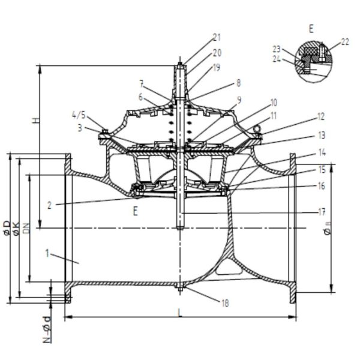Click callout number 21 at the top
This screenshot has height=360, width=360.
click(x=217, y=37)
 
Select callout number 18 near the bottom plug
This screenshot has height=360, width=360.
click(x=225, y=304)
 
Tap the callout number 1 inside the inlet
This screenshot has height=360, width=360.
click(x=47, y=253)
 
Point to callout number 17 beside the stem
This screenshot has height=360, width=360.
click(x=322, y=212)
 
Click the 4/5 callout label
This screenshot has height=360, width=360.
click(x=79, y=115)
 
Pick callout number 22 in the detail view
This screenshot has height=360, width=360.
click(x=345, y=42)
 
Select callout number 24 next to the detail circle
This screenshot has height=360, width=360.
click(x=277, y=59)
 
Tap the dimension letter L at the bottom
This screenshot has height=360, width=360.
click(x=180, y=313)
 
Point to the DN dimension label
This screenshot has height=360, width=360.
click(x=27, y=228)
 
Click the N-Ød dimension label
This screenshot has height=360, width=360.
click(x=47, y=329)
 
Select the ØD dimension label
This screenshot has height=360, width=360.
click(x=7, y=228)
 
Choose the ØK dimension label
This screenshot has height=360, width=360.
click(x=17, y=229)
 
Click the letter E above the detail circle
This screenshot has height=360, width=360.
click(x=311, y=29)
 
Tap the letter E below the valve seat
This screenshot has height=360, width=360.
click(x=136, y=211)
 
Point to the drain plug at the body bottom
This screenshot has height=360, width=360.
click(x=180, y=287)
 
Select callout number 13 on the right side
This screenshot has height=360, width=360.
click(x=322, y=135)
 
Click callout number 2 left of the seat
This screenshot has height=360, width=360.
click(x=49, y=205)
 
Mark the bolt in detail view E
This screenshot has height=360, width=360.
click(x=322, y=52)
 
